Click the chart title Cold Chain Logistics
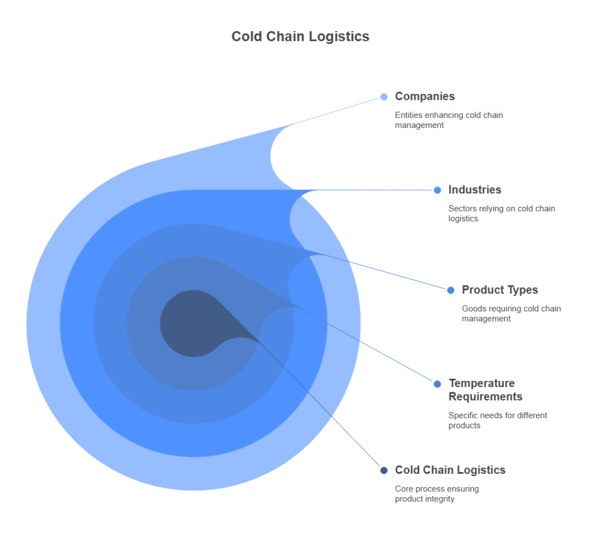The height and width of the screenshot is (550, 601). click(300, 36)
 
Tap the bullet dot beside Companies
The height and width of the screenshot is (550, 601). click(384, 97)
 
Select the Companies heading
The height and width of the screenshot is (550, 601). click(424, 96)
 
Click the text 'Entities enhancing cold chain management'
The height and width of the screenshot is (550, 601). click(448, 120)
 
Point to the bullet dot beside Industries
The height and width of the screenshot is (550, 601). click(437, 190)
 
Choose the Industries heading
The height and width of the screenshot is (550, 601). click(474, 189)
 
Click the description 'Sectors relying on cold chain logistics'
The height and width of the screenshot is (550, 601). click(501, 213)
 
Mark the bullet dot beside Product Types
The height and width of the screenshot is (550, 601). click(451, 290)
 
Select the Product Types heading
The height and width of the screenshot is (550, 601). click(499, 290)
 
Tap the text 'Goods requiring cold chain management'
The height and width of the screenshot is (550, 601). click(511, 314)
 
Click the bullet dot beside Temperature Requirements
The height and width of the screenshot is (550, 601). click(437, 384)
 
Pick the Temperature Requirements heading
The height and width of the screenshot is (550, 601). click(485, 390)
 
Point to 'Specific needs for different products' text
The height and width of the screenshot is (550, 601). click(498, 420)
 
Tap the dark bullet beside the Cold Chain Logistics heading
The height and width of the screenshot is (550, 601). click(384, 470)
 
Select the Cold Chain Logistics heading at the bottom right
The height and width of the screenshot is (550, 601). click(450, 470)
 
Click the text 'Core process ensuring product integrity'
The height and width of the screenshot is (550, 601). click(437, 494)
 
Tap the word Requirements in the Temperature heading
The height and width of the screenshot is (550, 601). click(485, 396)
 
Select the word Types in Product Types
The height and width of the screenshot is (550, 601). click(524, 290)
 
